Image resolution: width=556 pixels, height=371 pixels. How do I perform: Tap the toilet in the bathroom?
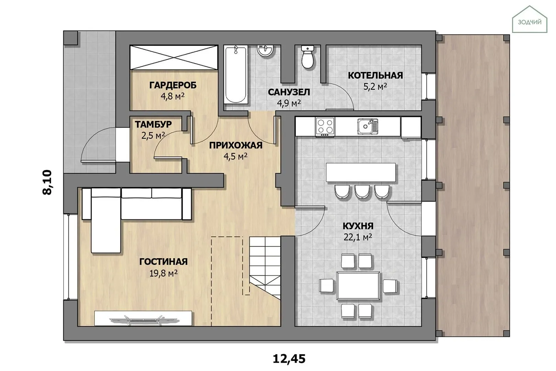[307, 57]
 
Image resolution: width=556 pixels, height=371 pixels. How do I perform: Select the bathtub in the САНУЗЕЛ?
[236, 75]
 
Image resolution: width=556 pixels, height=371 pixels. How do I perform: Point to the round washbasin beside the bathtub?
[265, 50]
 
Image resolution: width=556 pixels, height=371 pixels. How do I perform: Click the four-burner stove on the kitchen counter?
[325, 127]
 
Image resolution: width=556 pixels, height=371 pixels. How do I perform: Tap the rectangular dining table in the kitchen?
[358, 285]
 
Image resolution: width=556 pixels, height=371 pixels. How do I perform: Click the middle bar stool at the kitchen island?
[362, 192]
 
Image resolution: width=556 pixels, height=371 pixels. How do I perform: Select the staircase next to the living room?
[265, 268]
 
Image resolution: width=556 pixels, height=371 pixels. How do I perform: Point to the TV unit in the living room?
[143, 318]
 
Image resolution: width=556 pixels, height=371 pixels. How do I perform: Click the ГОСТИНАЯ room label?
[163, 262]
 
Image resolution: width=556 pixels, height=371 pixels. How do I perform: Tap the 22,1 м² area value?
[358, 237]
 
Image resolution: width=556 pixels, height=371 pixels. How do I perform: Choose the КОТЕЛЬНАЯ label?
[375, 76]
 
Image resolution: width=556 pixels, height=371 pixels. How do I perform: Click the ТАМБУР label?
[153, 124]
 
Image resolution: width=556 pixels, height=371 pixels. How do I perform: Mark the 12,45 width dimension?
[289, 359]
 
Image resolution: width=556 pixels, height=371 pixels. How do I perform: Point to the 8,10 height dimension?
[47, 182]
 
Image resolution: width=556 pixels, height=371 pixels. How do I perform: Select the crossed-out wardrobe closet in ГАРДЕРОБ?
[174, 58]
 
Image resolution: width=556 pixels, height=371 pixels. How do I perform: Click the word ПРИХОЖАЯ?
[236, 145]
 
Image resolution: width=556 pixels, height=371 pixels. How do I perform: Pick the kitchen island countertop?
[361, 172]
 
